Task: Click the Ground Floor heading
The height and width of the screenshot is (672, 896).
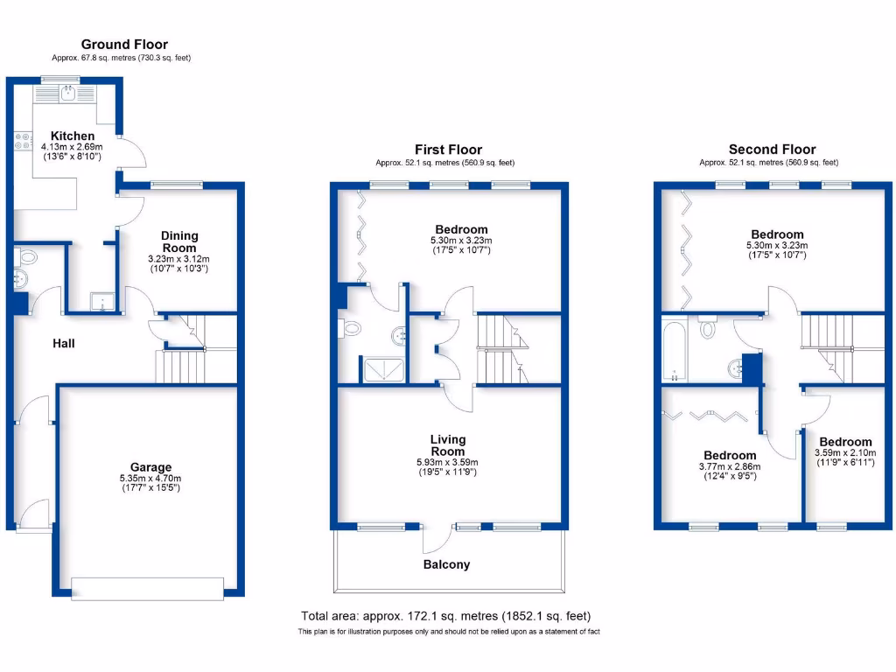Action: point(124,45)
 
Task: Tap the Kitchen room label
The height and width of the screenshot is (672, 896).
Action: point(73,136)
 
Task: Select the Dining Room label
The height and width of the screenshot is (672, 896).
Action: point(179,241)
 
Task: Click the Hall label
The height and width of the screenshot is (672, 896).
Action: point(63,344)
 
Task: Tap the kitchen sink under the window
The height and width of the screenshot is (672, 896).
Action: point(67,94)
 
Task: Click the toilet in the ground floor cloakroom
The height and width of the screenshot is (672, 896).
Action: point(25,258)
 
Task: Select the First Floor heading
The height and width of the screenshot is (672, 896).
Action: point(448,150)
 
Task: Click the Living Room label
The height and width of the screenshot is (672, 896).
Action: point(448,445)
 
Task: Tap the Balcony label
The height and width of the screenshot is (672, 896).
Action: point(446,564)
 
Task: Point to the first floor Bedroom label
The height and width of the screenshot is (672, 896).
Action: point(459,229)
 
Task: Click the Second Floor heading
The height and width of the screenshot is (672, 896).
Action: point(772,150)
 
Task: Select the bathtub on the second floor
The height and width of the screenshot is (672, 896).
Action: point(675,353)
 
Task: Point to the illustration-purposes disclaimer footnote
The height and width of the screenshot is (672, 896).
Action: point(448,632)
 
